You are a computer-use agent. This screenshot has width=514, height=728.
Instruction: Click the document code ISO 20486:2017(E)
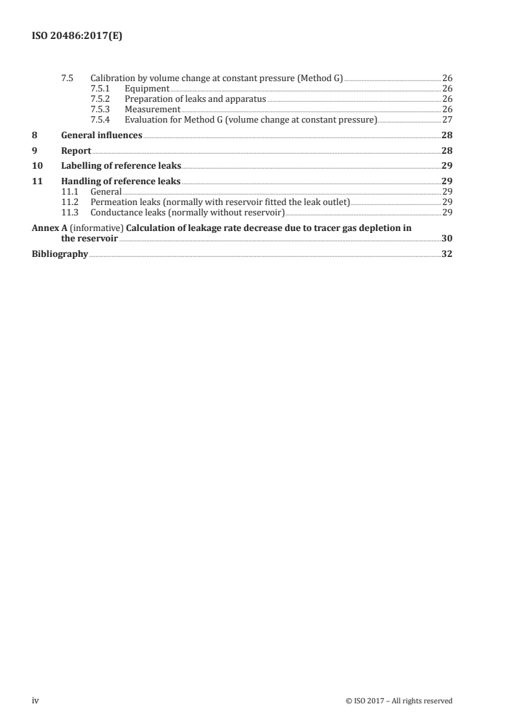(77, 37)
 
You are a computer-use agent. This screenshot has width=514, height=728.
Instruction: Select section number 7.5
(67, 78)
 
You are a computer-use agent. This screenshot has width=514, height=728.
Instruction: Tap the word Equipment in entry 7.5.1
(147, 89)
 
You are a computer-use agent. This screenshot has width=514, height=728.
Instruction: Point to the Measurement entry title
(152, 110)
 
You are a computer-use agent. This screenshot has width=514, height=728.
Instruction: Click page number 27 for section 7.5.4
(447, 120)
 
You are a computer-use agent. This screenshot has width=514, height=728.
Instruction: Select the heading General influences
(102, 136)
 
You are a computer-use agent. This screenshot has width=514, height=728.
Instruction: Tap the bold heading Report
(76, 151)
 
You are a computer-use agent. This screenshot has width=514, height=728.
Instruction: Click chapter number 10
(38, 166)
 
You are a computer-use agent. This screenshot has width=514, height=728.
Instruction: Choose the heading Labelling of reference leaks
(121, 166)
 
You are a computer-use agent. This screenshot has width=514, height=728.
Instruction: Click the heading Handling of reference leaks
(121, 182)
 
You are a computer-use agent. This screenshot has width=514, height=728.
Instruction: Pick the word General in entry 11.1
(106, 192)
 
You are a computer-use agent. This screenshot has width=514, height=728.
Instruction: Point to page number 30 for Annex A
(447, 239)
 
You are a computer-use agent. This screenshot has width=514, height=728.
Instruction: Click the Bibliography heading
(60, 254)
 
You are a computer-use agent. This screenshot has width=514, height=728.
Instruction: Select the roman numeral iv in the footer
(36, 701)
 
